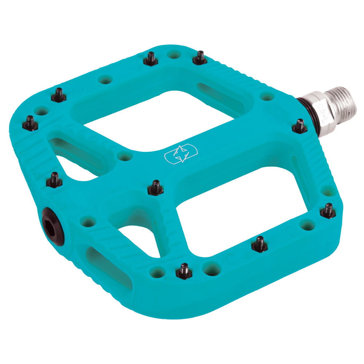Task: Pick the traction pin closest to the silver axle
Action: pos(300,126)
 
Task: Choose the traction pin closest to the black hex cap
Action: pos(54,179)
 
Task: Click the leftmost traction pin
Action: pos(31,123)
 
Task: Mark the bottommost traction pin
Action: pos(184,271)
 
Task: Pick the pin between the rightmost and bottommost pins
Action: pos(260,244)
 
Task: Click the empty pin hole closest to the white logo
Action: pos(125,156)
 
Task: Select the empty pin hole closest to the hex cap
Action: pos(88,221)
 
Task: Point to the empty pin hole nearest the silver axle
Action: pos(267,96)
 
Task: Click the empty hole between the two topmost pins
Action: pos(174,55)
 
